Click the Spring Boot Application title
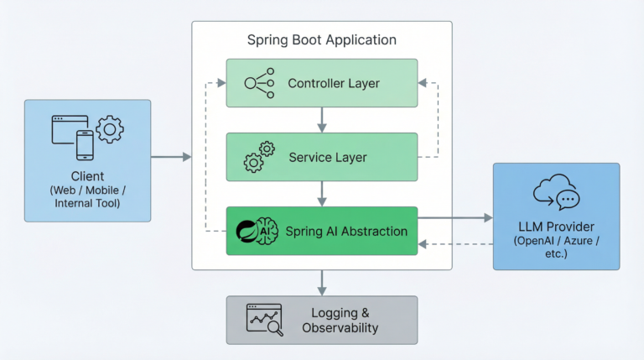tap(322, 40)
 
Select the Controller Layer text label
tap(334, 83)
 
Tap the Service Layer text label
tap(327, 157)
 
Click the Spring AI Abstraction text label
tap(346, 231)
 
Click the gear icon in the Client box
tap(110, 130)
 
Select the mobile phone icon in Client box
tap(86, 144)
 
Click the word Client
tap(88, 176)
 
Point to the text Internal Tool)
tap(88, 204)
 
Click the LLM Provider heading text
tap(556, 227)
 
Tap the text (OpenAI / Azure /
tap(556, 242)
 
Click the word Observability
tap(341, 328)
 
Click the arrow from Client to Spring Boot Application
tap(171, 157)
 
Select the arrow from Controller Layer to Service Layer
tap(322, 119)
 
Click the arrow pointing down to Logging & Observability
tap(322, 282)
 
